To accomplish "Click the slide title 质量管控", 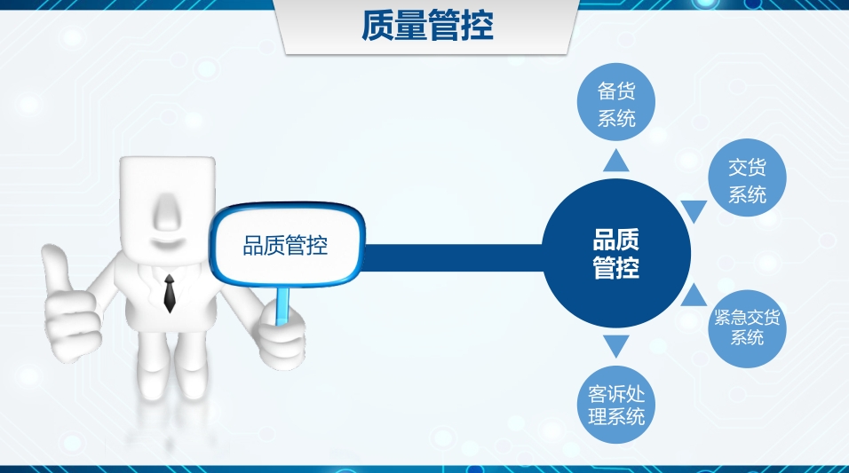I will (427, 27).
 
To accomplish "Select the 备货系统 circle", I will (616, 104).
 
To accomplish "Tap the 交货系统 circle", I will (747, 180).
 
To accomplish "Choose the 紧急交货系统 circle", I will (747, 327).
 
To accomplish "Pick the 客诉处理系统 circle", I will (616, 404).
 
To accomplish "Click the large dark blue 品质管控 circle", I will (616, 254).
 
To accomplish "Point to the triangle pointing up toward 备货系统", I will (616, 160).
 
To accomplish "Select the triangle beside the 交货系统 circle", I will (694, 211).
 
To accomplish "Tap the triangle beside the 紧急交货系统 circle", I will (694, 295).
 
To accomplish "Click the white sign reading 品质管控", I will (286, 245).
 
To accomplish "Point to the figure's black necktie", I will (169, 292).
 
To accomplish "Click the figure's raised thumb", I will (55, 266).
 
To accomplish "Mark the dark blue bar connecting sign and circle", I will (453, 256).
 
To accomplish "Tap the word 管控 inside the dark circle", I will (616, 268).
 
